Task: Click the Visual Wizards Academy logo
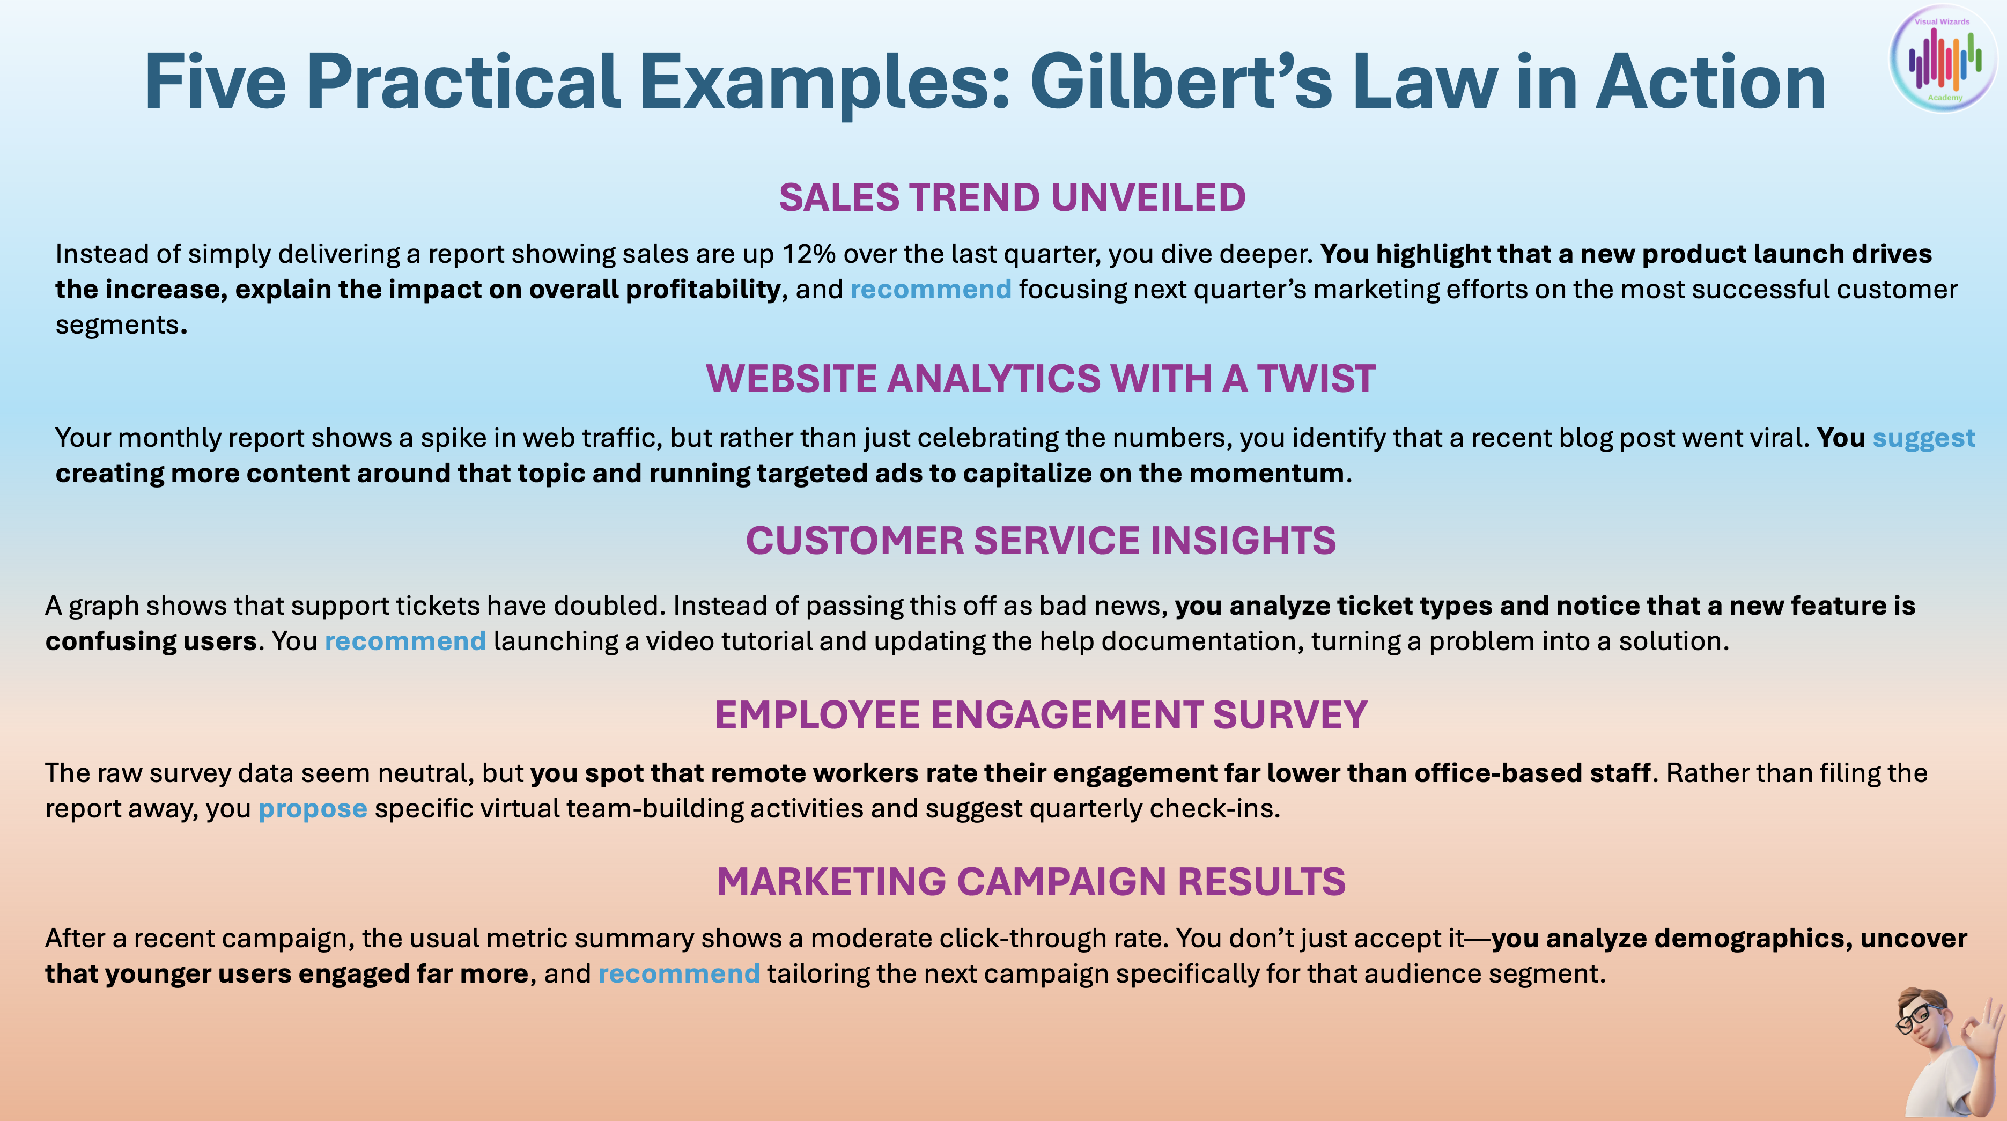(x=1944, y=58)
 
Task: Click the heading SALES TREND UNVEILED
(x=1012, y=197)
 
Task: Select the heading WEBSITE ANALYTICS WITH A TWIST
(x=1040, y=379)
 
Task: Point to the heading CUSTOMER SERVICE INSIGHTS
(x=1040, y=541)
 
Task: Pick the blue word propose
(x=313, y=809)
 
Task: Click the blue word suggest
(x=1924, y=439)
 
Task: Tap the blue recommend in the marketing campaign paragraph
(x=678, y=973)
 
